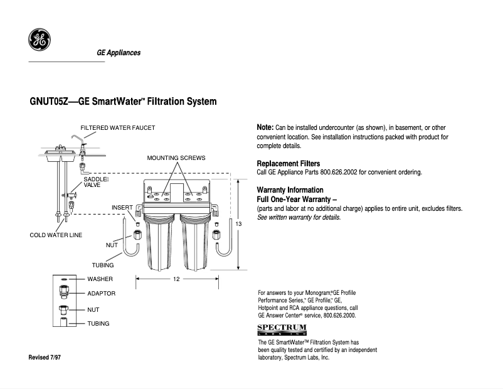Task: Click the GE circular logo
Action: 38,40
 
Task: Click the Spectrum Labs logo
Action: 282,329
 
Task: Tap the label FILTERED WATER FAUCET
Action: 117,128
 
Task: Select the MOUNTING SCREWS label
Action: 176,157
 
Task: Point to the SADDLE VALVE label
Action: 95,182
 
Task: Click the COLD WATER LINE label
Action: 56,235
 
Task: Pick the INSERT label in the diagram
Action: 122,207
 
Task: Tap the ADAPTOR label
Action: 101,294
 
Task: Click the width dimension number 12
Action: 177,279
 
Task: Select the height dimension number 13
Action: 238,223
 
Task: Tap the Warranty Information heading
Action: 290,189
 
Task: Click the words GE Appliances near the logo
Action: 119,53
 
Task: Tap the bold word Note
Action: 265,127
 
